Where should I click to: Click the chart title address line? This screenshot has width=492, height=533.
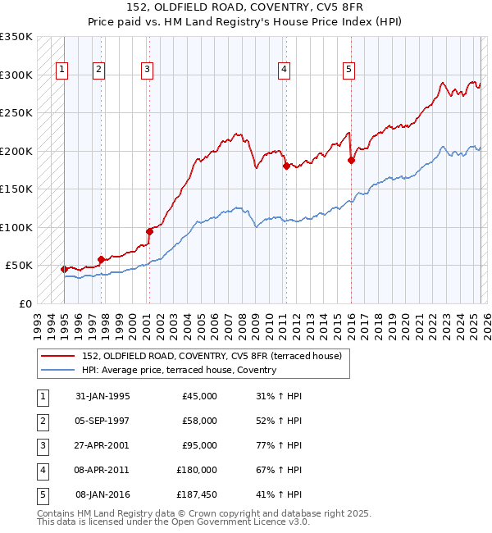[246, 7]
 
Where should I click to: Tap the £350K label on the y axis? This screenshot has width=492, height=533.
[16, 37]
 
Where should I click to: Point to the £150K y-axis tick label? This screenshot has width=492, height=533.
[16, 189]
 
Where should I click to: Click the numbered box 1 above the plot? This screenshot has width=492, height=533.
[62, 70]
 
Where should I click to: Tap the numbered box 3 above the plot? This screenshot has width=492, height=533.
[147, 70]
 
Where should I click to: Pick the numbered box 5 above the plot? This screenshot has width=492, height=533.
[349, 70]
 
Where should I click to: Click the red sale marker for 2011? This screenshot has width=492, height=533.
[286, 166]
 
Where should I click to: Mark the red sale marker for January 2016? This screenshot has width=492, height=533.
[351, 161]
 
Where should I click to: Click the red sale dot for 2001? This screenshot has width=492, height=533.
[150, 231]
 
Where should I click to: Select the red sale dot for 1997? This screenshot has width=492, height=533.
[101, 260]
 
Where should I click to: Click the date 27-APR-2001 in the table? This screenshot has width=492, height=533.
[102, 446]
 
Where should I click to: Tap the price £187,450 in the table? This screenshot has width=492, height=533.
[196, 494]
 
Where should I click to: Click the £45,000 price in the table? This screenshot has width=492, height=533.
[199, 396]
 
